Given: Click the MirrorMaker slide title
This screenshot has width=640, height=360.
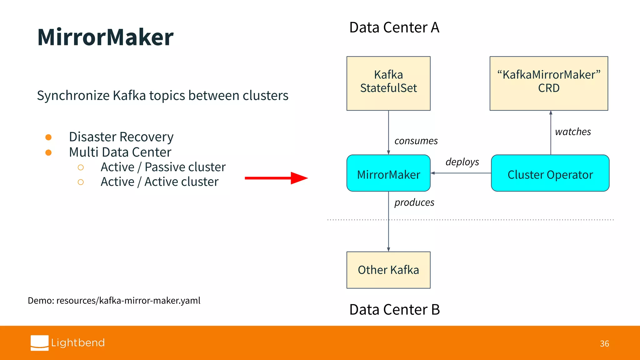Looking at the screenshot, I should click(x=105, y=37).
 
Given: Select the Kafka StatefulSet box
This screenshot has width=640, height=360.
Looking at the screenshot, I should click(x=388, y=83).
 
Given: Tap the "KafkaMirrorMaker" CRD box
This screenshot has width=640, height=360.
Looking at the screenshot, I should click(x=549, y=83).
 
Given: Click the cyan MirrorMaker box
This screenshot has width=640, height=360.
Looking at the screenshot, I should click(x=388, y=173).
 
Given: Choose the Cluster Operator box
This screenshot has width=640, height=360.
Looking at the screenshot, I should click(x=550, y=173).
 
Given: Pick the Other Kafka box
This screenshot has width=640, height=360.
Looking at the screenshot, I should click(x=388, y=270).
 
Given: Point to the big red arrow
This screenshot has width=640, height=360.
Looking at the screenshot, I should click(x=276, y=178).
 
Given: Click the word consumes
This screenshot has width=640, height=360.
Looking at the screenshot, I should click(x=416, y=141).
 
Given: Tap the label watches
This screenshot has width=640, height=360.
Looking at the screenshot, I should click(x=573, y=132).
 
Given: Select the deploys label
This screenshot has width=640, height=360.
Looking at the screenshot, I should click(x=462, y=162).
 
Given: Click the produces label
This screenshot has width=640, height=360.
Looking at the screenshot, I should click(x=414, y=202).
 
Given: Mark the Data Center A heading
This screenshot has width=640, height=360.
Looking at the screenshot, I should click(x=394, y=27).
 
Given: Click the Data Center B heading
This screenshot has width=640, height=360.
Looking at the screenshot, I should click(x=394, y=310).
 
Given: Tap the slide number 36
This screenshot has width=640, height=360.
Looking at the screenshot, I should click(x=604, y=344).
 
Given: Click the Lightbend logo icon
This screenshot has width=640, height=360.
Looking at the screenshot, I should click(x=40, y=343).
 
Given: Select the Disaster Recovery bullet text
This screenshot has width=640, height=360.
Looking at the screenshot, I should click(x=121, y=137).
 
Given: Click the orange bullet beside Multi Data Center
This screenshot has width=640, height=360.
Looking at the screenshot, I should click(x=48, y=152).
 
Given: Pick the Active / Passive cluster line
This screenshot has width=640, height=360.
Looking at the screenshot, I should click(x=163, y=167).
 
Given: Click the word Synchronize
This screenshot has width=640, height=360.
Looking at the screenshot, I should click(x=73, y=96).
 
